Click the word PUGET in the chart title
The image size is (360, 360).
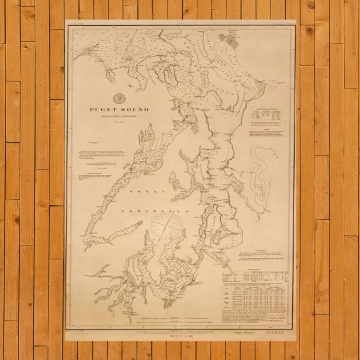click(100, 110)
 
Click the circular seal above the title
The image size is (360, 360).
click(119, 98)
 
